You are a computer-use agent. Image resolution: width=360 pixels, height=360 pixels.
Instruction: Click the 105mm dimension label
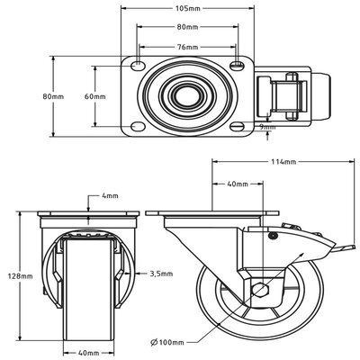187,8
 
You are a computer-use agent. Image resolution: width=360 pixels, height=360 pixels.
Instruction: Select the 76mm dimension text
187,47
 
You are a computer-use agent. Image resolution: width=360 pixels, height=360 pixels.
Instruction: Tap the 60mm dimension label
95,96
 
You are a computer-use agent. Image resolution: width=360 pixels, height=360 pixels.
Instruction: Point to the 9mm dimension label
267,127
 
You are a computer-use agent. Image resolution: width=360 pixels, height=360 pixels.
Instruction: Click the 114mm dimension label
283,162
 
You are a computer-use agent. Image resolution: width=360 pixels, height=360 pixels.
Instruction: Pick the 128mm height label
21,276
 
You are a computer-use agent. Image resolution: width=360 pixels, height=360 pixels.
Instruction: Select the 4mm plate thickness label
110,196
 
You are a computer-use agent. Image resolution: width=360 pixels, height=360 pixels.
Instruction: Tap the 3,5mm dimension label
161,274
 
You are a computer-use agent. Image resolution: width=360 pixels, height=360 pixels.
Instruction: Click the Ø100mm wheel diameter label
167,342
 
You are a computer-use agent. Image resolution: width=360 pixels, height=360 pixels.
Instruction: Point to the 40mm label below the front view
88,353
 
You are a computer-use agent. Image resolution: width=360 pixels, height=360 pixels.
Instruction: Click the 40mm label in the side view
238,184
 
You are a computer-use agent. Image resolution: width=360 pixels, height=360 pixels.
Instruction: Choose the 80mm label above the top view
187,27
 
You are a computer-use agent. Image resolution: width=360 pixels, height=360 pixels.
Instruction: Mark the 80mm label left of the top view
53,96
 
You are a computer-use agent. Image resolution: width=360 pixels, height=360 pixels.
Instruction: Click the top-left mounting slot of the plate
138,66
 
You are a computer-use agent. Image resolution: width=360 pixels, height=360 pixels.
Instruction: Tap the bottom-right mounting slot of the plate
238,127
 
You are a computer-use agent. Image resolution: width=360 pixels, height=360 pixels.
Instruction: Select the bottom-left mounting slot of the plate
138,127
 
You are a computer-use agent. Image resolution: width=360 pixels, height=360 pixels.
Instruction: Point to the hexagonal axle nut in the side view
260,289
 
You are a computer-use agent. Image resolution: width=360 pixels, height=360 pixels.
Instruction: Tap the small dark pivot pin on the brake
273,236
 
